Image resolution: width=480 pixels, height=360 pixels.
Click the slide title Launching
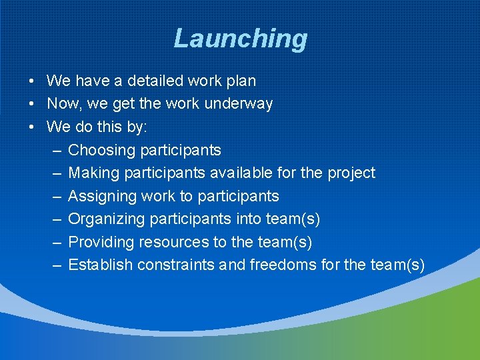coord(240,39)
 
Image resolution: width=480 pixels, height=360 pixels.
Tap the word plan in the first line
coord(240,81)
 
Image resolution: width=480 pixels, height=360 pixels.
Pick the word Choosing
coord(101,150)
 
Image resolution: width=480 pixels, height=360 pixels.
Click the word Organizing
coord(107,219)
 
